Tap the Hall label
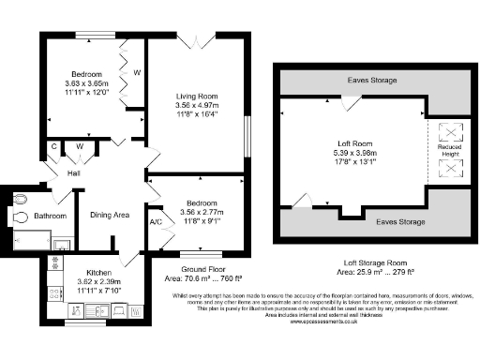[x=73, y=172]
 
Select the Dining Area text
[x=109, y=215]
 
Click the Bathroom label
[x=51, y=216]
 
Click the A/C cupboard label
[x=156, y=222]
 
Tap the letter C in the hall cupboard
[x=55, y=146]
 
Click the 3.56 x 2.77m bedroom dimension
[x=198, y=212]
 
